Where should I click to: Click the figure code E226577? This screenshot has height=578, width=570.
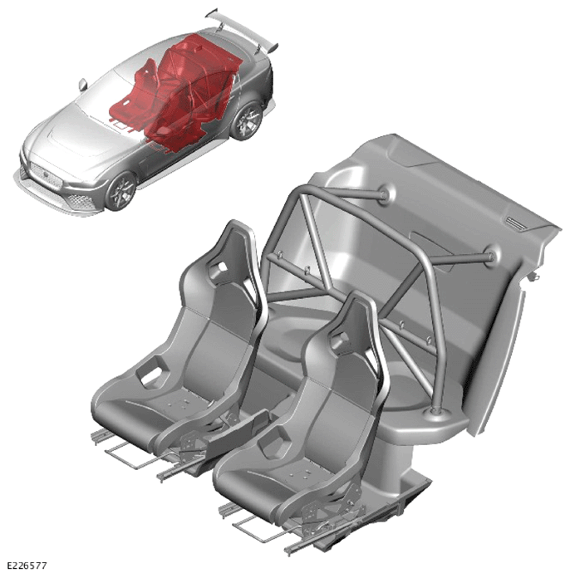[27, 566]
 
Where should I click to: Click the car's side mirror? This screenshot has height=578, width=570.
[82, 85]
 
